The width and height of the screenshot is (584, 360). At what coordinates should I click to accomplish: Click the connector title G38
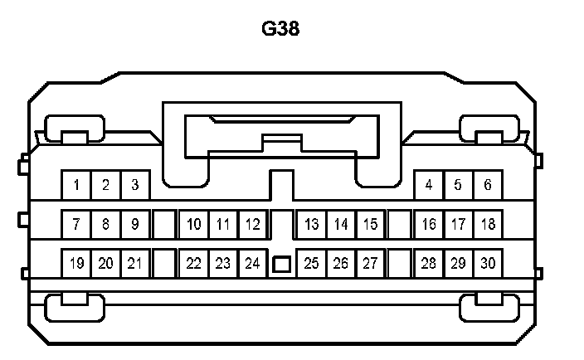[280, 29]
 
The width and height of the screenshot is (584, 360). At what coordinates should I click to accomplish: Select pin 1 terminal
[76, 185]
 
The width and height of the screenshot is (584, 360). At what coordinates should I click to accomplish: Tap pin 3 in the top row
[135, 185]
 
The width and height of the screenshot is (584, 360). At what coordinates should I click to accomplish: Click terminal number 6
[488, 185]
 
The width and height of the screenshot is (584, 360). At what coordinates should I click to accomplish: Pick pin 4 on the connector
[428, 185]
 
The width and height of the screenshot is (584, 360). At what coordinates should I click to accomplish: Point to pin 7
[76, 224]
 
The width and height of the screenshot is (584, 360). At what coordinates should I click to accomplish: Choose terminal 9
[135, 224]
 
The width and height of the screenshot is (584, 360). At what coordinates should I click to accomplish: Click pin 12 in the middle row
[253, 224]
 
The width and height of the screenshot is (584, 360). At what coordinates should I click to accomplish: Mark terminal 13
[312, 224]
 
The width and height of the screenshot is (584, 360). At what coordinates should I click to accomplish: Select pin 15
[371, 224]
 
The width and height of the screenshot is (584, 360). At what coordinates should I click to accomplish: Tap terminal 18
[488, 224]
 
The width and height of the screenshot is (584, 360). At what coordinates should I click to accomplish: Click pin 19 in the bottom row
[76, 264]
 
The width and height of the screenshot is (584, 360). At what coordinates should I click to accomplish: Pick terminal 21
[135, 264]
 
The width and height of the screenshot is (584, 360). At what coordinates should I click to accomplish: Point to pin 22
[194, 264]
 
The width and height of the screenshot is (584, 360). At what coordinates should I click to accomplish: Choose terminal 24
[253, 264]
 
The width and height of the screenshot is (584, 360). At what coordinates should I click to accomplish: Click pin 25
[312, 264]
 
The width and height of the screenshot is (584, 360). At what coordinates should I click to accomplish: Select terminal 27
[371, 264]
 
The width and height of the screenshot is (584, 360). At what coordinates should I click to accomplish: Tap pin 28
[428, 264]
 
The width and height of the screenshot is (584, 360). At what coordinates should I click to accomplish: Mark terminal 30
[488, 264]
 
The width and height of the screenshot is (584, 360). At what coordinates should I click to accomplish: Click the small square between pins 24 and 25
[282, 265]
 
